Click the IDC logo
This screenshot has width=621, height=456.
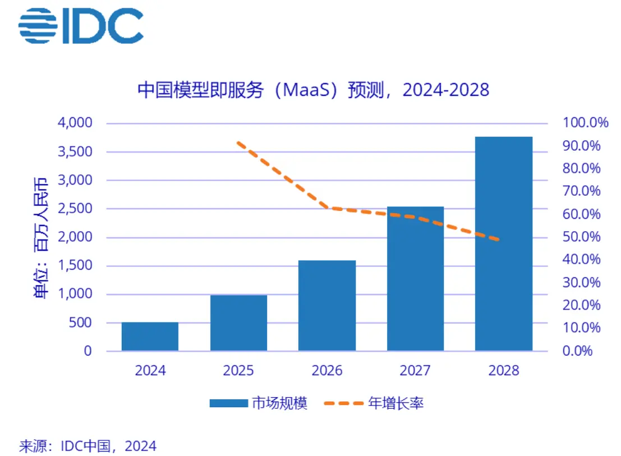[x=81, y=25]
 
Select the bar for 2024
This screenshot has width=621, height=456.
[x=150, y=337]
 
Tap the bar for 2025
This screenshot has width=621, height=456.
[x=238, y=323]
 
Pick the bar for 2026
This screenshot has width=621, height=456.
[x=327, y=306]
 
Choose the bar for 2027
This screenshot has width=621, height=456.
[x=416, y=279]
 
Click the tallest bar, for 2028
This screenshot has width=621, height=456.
[x=504, y=244]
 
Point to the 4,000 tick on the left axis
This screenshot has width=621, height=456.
[x=76, y=123]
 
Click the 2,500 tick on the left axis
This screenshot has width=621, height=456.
[x=76, y=209]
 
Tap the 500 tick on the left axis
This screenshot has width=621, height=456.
[x=81, y=323]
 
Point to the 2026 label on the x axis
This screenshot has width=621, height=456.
[x=327, y=371]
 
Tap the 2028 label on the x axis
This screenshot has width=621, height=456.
[x=504, y=371]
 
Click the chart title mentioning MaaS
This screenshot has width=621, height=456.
[x=314, y=90]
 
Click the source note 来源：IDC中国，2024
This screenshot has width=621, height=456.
[x=88, y=446]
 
